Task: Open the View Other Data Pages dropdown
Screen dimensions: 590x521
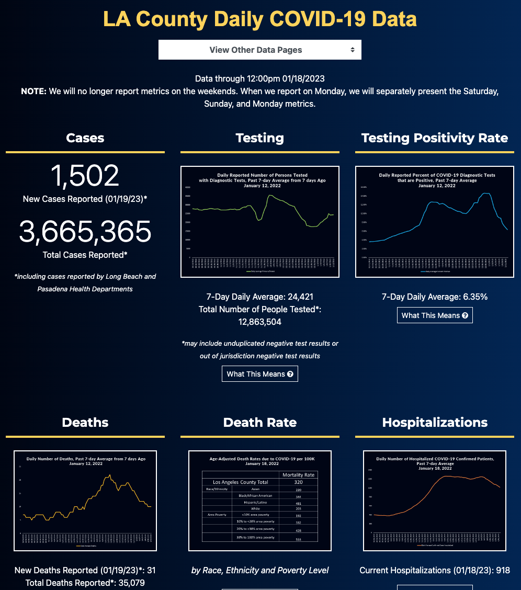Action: point(259,50)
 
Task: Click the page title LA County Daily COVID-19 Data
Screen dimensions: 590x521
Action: point(260,19)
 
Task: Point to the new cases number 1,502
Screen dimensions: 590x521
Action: point(85,176)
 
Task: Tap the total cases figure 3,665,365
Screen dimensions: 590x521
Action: point(85,232)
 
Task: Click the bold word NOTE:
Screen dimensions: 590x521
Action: point(33,92)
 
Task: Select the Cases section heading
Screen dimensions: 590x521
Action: point(85,138)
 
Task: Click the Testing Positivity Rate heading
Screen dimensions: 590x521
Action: point(434,138)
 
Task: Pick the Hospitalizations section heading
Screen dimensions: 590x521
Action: point(434,423)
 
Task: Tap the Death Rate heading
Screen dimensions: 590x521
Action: point(260,423)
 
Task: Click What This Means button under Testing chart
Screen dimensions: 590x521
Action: point(260,374)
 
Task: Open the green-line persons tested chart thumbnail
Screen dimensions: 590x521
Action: point(260,222)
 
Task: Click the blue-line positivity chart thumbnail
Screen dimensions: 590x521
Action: point(434,222)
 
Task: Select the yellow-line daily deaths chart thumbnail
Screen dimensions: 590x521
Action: point(85,501)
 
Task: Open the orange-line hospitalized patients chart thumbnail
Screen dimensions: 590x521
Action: point(434,501)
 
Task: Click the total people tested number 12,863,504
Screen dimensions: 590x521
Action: point(260,322)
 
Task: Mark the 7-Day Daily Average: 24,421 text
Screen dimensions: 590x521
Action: point(260,297)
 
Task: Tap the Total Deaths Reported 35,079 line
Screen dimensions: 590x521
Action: point(85,583)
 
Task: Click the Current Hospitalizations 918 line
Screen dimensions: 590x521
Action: point(434,570)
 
